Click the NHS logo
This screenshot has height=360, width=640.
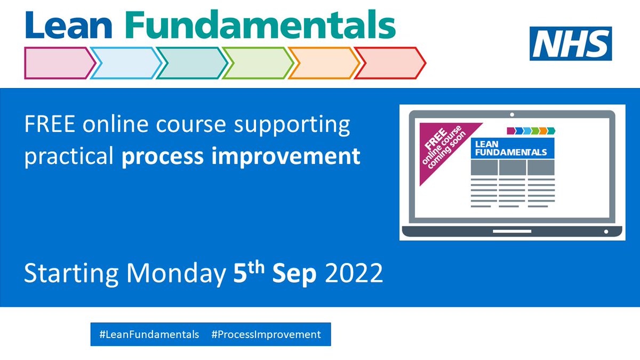(571, 43)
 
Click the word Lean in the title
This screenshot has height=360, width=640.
(69, 25)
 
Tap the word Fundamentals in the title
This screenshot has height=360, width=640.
(260, 25)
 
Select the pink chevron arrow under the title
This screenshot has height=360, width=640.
(60, 63)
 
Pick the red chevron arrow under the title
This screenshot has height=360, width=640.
(390, 63)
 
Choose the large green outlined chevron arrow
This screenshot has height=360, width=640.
(258, 63)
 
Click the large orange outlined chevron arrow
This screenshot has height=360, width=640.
(324, 63)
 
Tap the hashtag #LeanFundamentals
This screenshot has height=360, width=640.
(149, 334)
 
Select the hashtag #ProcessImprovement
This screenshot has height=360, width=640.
(266, 334)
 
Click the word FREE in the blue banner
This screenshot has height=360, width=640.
(50, 124)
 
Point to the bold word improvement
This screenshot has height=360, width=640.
(286, 157)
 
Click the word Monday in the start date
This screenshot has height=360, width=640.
(177, 274)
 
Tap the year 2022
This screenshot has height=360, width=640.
(354, 273)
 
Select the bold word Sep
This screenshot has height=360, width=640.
(294, 274)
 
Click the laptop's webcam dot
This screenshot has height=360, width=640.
(512, 115)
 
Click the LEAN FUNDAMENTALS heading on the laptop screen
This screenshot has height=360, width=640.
(511, 148)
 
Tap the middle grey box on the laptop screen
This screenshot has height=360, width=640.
(513, 167)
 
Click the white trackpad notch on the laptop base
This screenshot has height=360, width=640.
(512, 231)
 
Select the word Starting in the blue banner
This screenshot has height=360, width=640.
(71, 274)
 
